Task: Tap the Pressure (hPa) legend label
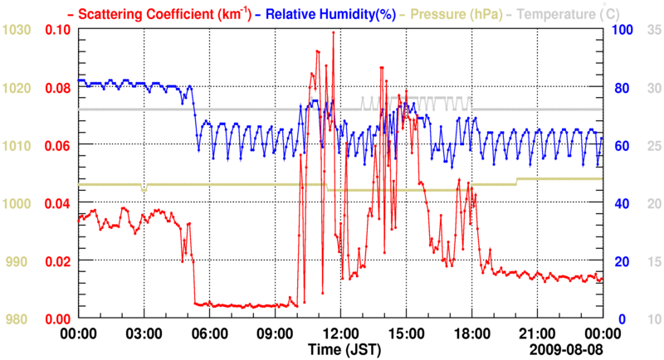(x=456, y=14)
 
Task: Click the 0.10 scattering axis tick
(x=58, y=30)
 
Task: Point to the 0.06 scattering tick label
(x=58, y=146)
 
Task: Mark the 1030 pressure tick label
(x=17, y=30)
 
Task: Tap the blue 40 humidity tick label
(x=618, y=204)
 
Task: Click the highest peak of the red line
(x=334, y=32)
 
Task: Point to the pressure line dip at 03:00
(x=144, y=190)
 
